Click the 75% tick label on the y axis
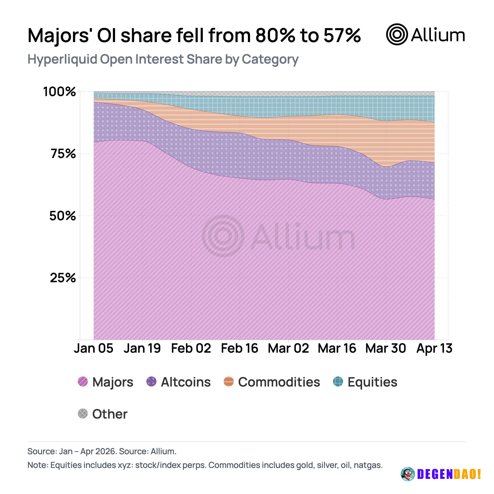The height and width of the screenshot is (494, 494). (63, 154)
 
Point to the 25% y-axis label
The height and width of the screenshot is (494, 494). (63, 278)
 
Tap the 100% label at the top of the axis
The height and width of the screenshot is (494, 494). (59, 91)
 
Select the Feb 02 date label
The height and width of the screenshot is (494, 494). (191, 348)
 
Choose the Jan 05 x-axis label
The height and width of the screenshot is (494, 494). (94, 348)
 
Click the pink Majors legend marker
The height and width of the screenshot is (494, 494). (83, 382)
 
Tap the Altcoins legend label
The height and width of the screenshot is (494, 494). (186, 382)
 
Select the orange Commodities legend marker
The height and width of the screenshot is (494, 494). (228, 382)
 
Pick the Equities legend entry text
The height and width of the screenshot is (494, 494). (372, 382)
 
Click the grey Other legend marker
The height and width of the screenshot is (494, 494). (83, 413)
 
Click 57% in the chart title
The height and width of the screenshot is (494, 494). (342, 35)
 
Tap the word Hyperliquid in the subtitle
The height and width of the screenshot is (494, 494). (62, 59)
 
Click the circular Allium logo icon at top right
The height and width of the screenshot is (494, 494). (397, 34)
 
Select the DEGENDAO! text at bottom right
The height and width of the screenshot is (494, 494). (449, 474)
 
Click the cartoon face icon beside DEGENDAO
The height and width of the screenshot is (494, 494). (408, 474)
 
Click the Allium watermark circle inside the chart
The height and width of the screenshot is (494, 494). (223, 236)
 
